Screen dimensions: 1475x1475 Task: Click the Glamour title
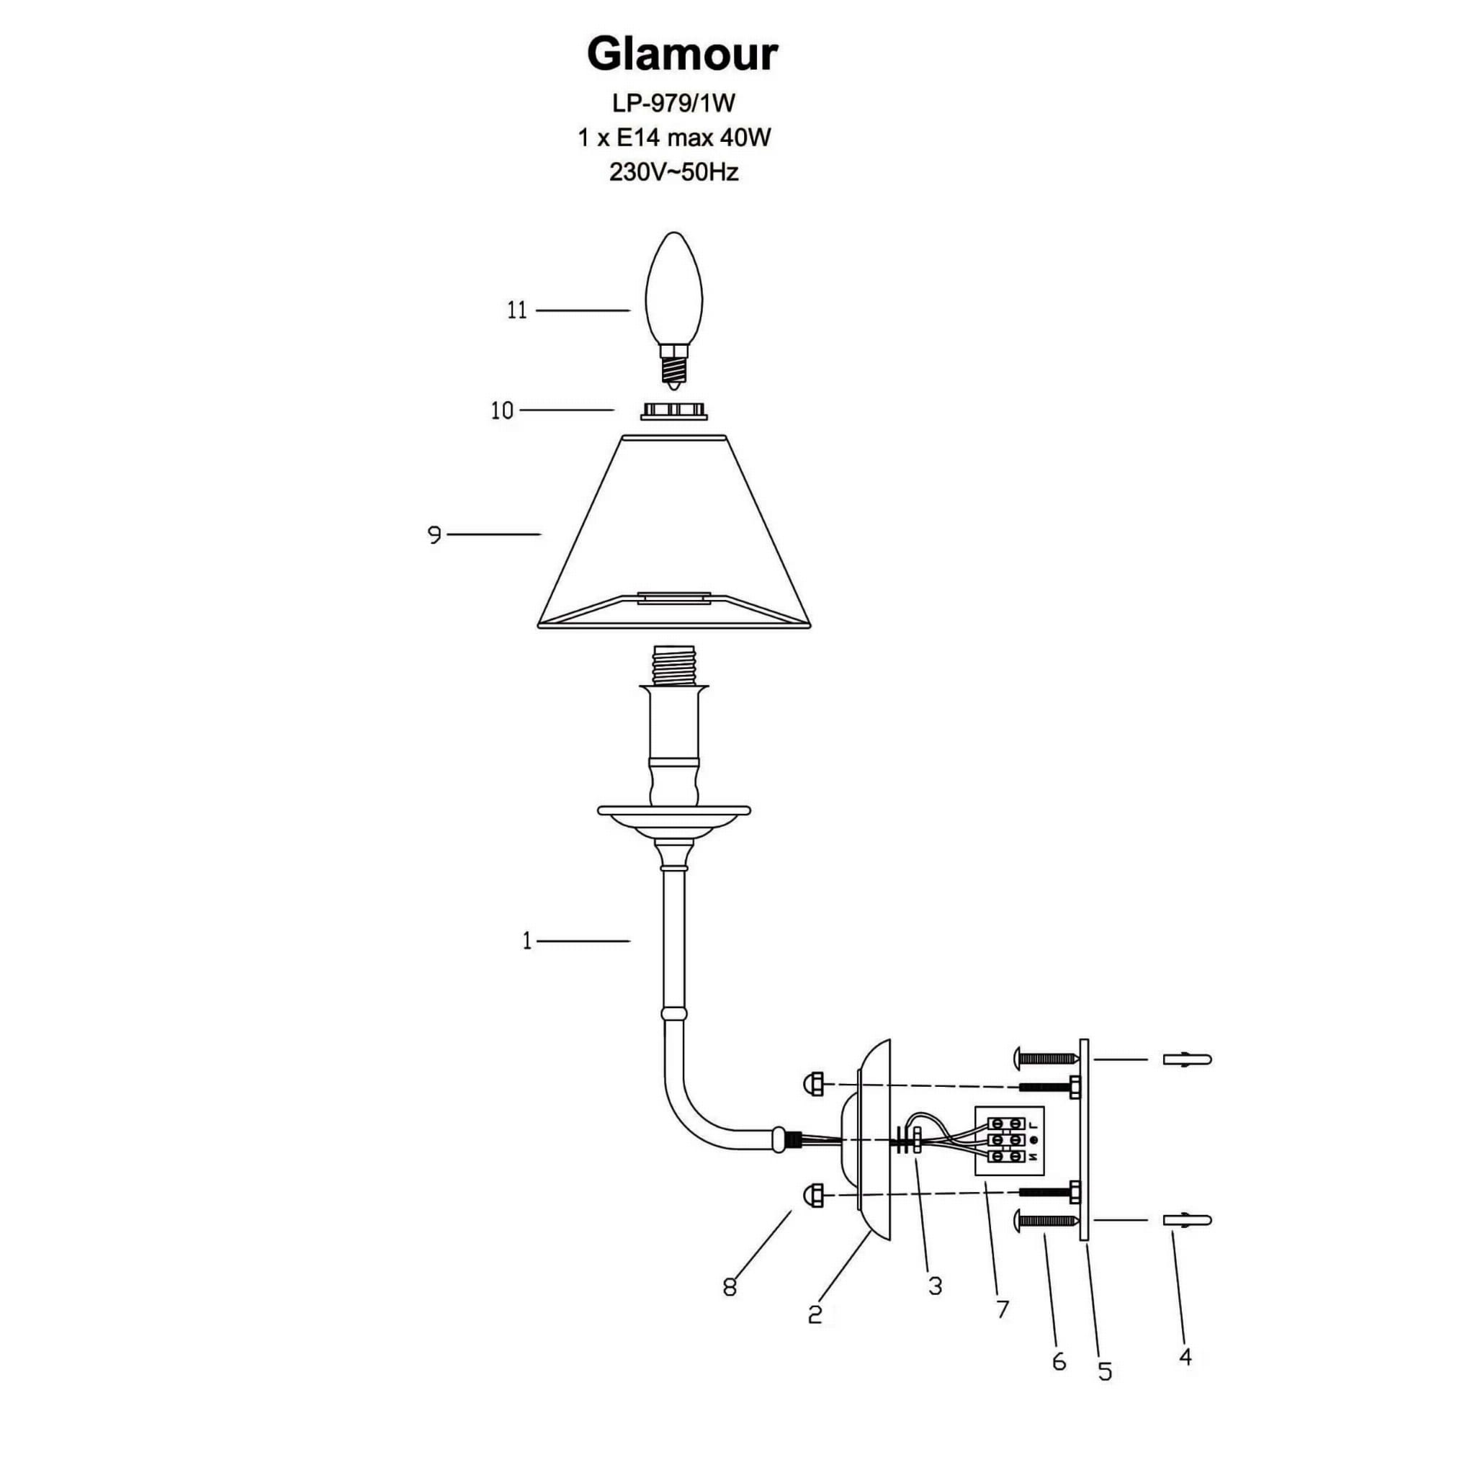pos(682,55)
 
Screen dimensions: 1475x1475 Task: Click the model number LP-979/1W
pos(674,102)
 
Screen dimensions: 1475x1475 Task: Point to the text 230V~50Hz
pos(673,173)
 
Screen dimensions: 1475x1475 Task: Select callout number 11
pos(517,310)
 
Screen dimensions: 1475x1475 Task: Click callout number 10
pos(501,411)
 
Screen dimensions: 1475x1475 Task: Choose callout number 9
pos(434,535)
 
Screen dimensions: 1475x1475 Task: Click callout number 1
pos(526,941)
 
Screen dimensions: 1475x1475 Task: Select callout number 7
pos(1003,1309)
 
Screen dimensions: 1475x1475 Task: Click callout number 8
pos(729,1287)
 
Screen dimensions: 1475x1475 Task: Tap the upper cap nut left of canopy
pos(813,1082)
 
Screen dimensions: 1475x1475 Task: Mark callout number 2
pos(815,1314)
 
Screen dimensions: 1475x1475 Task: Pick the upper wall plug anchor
pos(1186,1059)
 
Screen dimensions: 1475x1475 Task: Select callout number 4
pos(1185,1357)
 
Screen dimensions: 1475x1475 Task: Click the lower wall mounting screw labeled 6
pos(1046,1221)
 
